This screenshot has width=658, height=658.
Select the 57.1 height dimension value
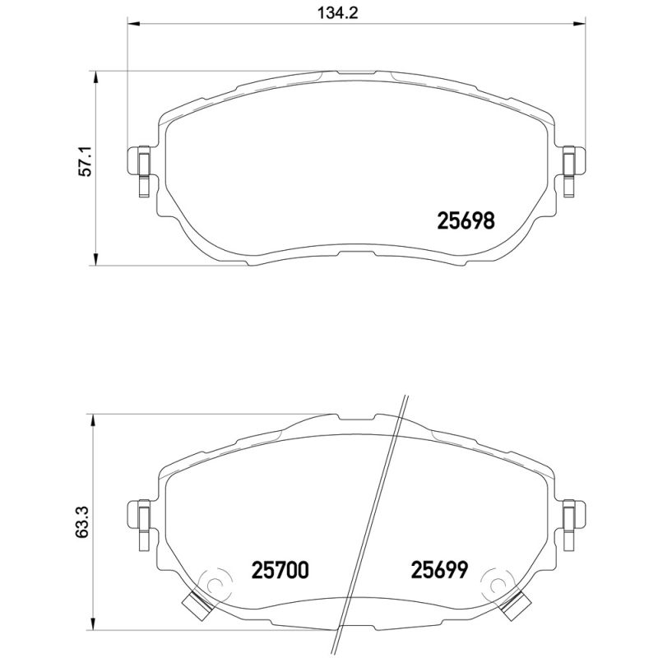coord(82,168)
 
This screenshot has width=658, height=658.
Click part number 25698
coord(464,220)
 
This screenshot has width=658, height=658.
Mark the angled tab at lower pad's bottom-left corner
coord(198,605)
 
